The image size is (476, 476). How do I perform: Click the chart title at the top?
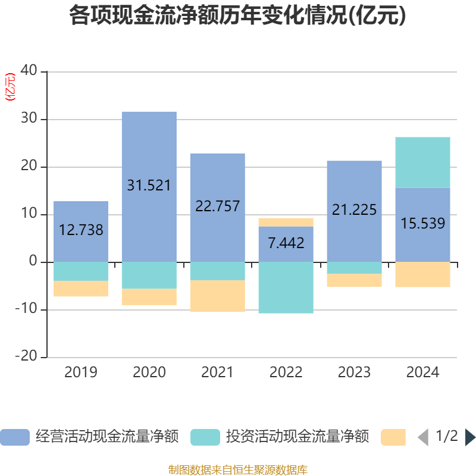tap(237, 15)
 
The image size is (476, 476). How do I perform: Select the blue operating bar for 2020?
tap(149, 187)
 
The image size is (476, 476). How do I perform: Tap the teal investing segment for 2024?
tap(422, 162)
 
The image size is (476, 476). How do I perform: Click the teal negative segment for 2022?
tap(286, 287)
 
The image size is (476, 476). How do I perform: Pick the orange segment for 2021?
tap(218, 296)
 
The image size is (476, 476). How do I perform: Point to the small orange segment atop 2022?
tap(286, 223)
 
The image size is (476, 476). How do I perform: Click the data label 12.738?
tap(81, 230)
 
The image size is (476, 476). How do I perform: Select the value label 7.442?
tap(286, 243)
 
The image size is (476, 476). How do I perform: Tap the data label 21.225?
tap(354, 209)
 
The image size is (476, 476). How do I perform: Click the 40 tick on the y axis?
tap(29, 70)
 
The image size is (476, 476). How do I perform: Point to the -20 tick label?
tap(26, 355)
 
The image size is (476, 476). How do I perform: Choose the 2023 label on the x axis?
tap(354, 372)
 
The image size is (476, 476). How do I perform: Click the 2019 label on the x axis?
tap(81, 372)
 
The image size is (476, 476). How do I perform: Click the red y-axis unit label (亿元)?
tap(10, 87)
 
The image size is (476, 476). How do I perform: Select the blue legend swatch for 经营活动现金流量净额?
tap(15, 437)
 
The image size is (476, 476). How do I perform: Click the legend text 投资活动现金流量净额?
tap(297, 437)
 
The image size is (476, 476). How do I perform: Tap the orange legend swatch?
tap(393, 437)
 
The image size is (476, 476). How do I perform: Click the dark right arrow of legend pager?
tap(471, 437)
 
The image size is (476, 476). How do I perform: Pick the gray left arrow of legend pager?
tap(423, 437)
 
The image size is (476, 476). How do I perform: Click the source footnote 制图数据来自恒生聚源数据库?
tap(238, 470)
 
